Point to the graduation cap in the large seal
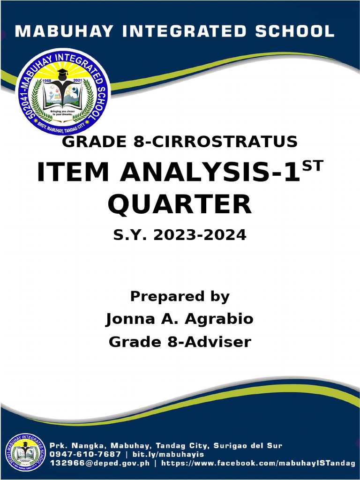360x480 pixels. (62, 74)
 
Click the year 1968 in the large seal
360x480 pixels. (46, 81)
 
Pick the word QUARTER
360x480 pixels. (180, 204)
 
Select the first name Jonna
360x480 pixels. (126, 319)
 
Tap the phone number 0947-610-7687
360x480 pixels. (85, 454)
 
